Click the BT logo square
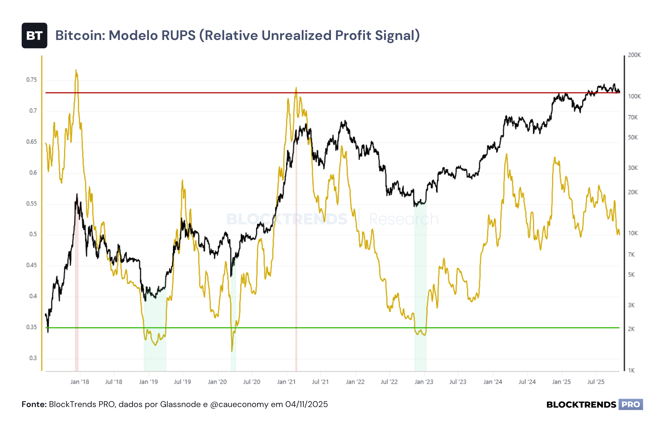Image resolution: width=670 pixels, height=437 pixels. point(34,36)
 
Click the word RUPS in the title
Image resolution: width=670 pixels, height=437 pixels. point(178,35)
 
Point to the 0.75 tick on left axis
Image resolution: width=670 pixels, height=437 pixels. point(32,80)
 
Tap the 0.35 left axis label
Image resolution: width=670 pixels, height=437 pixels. point(32,327)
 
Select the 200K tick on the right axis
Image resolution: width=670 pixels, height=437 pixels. point(634,55)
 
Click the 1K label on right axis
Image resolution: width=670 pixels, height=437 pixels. point(631,371)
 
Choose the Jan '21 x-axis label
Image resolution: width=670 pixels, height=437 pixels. point(286,382)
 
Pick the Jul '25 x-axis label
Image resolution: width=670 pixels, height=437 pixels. point(596,382)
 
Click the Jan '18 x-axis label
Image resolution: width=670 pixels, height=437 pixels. point(80,382)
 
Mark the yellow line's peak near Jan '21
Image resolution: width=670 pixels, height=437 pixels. point(296,88)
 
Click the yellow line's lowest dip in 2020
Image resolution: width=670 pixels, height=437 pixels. point(232,351)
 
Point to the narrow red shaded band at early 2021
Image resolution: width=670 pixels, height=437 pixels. point(296,231)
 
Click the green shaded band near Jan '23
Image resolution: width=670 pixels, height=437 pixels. point(420,287)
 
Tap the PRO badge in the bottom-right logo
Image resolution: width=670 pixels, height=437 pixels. point(631,405)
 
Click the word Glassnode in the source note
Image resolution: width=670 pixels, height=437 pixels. point(180,405)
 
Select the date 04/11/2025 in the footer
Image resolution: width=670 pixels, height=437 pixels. point(306,405)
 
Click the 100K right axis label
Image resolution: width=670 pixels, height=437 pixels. point(634,96)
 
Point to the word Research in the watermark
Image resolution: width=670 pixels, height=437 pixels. point(404,219)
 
